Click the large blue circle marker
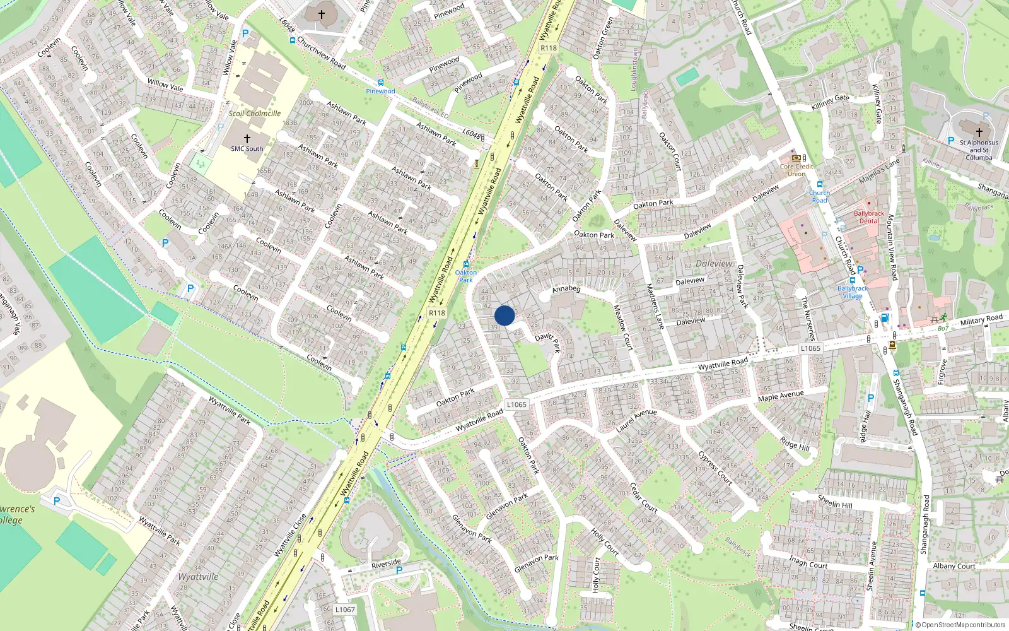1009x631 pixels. click(504, 315)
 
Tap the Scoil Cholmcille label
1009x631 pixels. click(255, 114)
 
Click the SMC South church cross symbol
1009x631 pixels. click(247, 139)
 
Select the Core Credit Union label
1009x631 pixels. click(796, 170)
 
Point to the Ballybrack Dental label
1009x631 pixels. click(869, 217)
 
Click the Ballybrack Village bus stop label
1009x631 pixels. click(853, 292)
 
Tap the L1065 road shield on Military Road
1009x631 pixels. click(810, 348)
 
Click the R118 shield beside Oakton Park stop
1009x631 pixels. click(437, 313)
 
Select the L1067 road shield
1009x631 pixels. click(345, 610)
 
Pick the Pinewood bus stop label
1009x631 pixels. click(381, 91)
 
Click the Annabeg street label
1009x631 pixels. click(566, 289)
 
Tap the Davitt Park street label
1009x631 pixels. click(547, 341)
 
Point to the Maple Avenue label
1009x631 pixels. click(781, 396)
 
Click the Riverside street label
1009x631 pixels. click(386, 563)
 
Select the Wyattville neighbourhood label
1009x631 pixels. click(198, 577)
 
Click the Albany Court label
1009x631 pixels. click(954, 566)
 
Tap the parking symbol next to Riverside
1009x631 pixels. click(399, 570)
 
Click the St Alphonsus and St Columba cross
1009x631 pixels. click(979, 133)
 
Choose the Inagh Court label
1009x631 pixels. click(808, 562)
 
